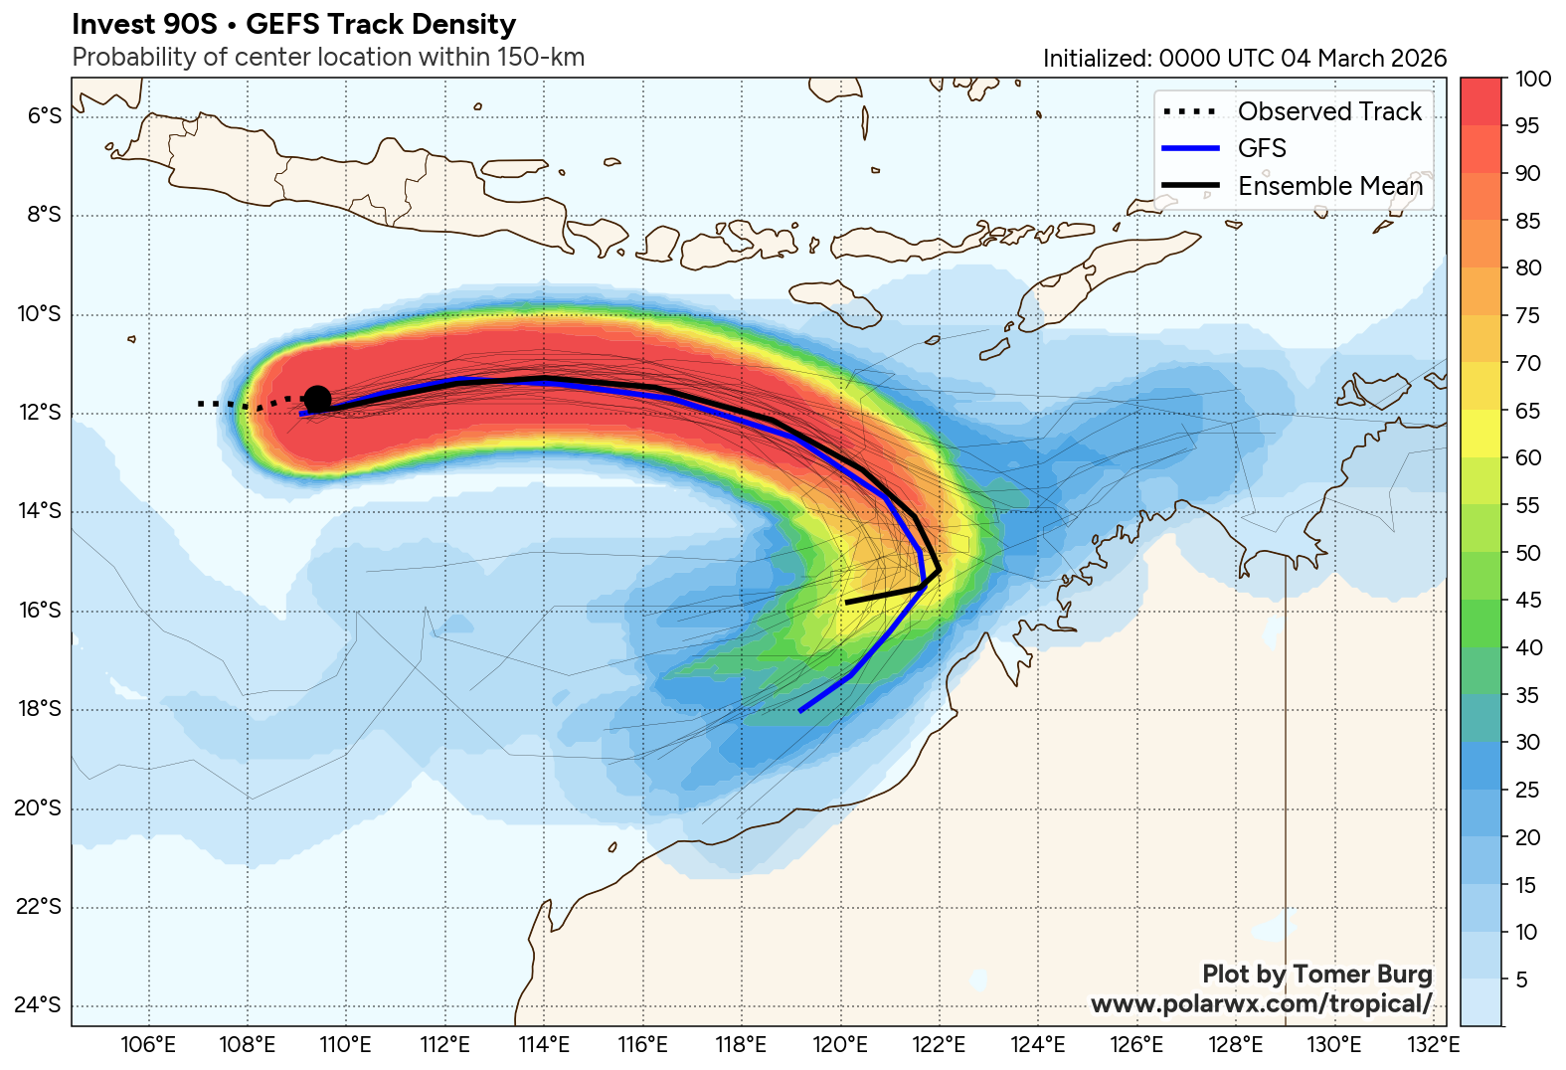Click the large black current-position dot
tap(317, 400)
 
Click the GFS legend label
tap(1262, 148)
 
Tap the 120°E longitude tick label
tap(841, 1045)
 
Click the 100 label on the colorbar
tap(1532, 80)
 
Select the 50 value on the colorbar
tap(1528, 553)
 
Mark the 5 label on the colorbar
tap(1521, 980)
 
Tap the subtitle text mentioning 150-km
tap(328, 58)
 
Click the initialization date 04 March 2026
tap(1363, 59)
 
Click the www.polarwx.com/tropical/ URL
tap(1261, 1003)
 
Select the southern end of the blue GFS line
tap(800, 711)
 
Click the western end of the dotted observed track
tap(200, 404)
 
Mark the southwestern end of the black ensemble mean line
tap(846, 603)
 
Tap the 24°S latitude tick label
tap(39, 1005)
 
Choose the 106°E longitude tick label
tap(149, 1045)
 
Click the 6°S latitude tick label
tap(44, 116)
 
